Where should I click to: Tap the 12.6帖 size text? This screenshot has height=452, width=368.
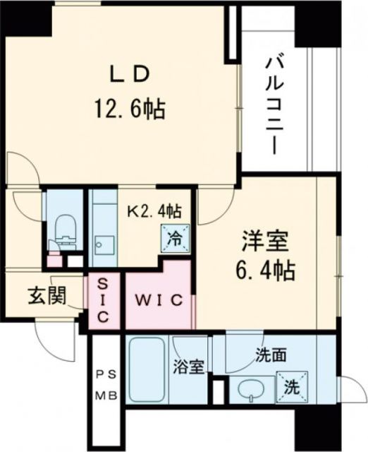(x=130, y=108)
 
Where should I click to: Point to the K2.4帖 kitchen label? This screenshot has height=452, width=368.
(x=154, y=210)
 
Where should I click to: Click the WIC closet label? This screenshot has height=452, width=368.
(x=159, y=299)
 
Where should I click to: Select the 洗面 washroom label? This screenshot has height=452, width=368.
(x=271, y=356)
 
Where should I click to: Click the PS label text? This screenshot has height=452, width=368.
(x=102, y=375)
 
